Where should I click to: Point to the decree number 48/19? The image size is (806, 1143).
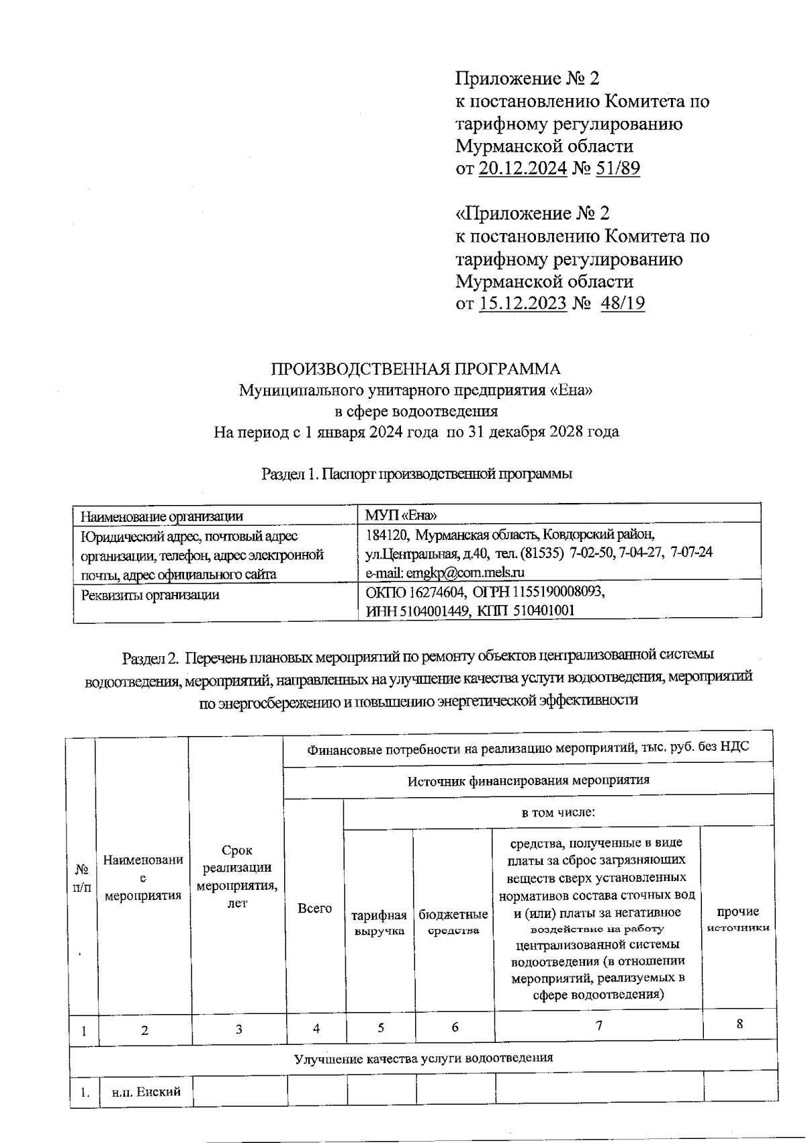point(623,303)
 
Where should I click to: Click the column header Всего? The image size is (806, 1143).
point(314,909)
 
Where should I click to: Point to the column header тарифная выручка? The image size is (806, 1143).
point(379,923)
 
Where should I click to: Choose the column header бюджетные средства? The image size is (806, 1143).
point(453,923)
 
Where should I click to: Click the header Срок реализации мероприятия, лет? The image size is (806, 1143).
point(237,876)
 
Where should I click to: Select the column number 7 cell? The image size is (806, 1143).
point(598,1025)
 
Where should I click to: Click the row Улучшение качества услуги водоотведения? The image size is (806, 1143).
point(423,1058)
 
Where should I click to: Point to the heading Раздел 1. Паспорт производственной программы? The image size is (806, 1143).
point(416,474)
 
